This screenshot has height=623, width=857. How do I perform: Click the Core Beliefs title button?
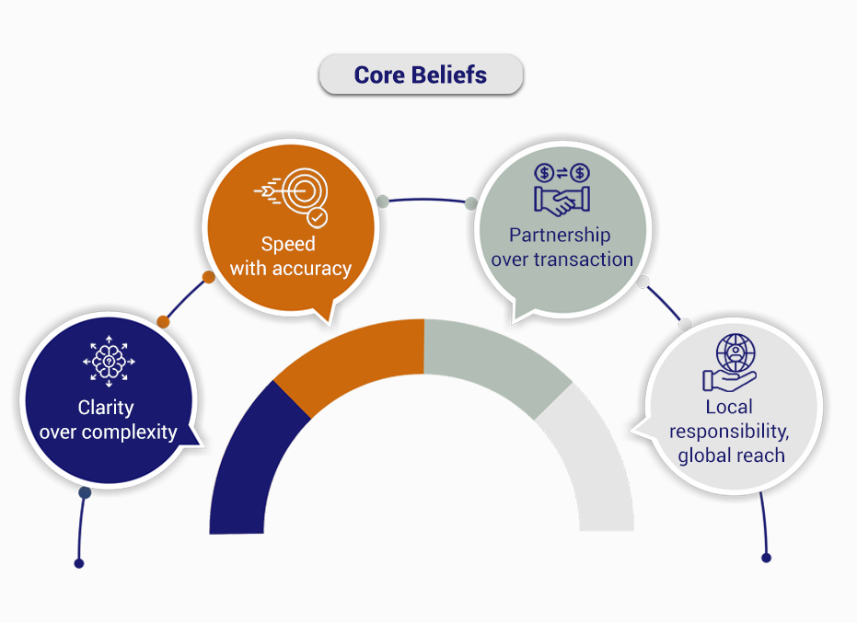(421, 75)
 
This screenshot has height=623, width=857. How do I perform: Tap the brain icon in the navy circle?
(109, 362)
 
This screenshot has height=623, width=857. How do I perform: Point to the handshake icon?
(562, 189)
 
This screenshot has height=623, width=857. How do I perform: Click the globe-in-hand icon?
(730, 363)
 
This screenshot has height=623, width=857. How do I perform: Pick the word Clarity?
(106, 408)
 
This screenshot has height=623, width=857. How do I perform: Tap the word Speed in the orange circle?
(288, 244)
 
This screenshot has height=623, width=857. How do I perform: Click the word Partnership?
(560, 235)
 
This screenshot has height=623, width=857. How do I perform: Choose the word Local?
(729, 407)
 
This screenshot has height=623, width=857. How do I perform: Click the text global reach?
(731, 456)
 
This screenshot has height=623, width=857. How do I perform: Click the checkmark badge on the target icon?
(317, 217)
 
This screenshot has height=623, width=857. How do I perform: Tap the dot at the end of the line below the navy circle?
(79, 563)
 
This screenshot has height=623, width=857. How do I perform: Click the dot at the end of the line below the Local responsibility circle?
(766, 558)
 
